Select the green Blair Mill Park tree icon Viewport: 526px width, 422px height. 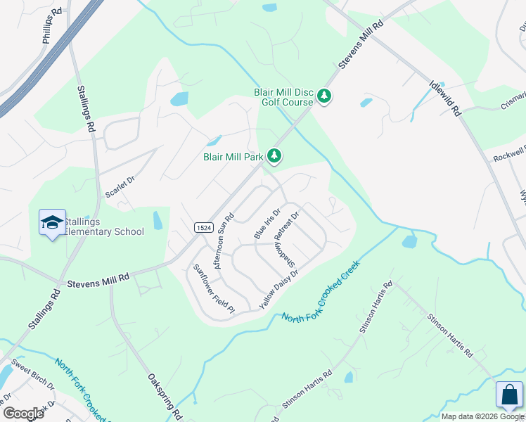274,156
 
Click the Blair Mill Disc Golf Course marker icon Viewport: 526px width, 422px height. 324,96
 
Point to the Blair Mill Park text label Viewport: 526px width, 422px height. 233,157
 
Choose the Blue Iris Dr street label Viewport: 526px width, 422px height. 267,223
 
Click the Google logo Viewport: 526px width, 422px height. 23,414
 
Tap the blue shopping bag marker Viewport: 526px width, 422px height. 509,395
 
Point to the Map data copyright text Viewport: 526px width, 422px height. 482,416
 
